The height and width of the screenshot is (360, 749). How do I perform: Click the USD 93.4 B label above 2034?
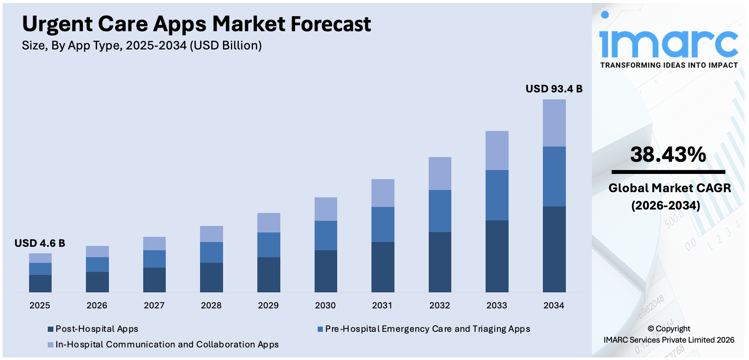coord(554,89)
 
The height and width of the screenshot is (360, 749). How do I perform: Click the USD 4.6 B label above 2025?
coord(39,243)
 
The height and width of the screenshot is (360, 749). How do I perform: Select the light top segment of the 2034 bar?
coord(554,123)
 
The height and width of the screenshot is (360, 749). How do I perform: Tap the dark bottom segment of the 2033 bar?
coord(497,256)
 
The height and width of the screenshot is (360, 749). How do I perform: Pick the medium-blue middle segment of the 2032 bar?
coord(440,211)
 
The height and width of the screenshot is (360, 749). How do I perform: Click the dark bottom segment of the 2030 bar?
coord(325,271)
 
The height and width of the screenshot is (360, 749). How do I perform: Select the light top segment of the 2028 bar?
coord(211,234)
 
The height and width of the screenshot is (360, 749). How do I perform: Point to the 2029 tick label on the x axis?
coord(268,305)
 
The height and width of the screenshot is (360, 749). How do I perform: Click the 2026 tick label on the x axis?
coord(97,305)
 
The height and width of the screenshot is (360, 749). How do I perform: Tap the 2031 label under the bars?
coord(382,305)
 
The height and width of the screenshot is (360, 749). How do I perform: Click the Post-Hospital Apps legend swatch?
coord(50,329)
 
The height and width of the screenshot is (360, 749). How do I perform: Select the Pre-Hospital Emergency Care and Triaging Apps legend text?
coord(427,329)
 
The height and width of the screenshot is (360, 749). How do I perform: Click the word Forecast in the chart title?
coord(331,24)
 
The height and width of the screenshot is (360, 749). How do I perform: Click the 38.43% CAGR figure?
coord(668,154)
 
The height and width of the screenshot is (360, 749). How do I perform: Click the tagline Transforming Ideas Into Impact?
coord(669,65)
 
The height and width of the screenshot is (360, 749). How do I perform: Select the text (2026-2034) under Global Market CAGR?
coord(666,205)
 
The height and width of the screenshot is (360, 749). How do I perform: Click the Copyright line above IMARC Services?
coord(669,329)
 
